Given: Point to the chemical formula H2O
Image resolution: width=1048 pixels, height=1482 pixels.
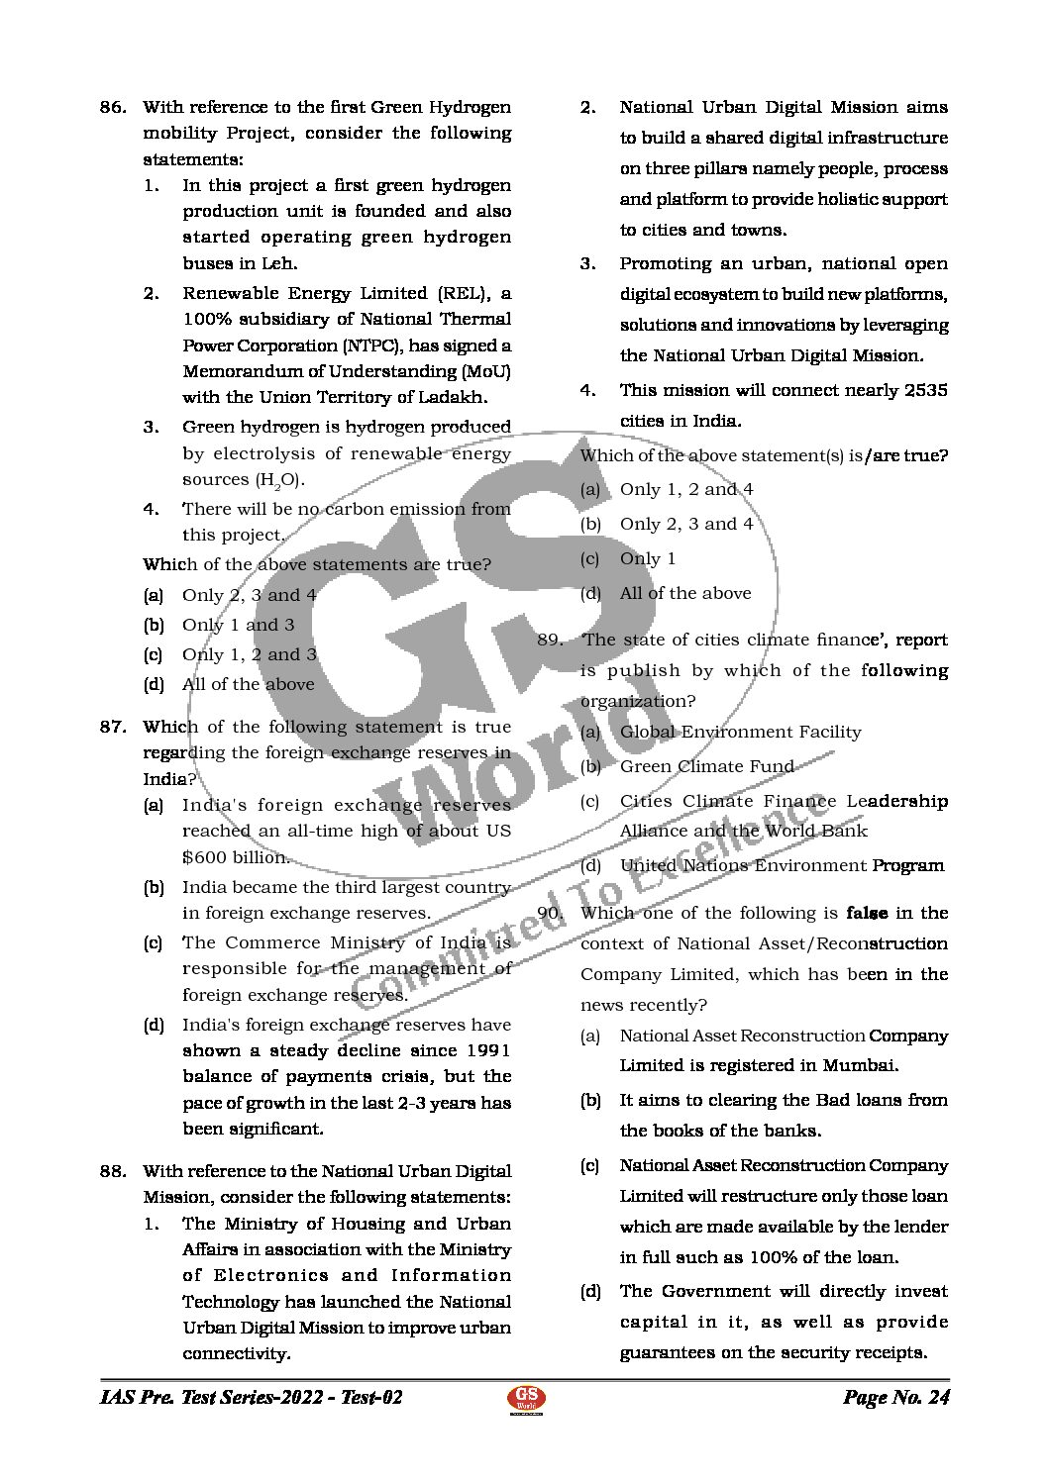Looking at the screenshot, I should [x=280, y=480].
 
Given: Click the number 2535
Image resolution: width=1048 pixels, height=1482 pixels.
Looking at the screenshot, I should [x=925, y=390].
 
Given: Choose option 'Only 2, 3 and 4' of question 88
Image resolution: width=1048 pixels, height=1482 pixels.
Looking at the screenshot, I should [x=685, y=524].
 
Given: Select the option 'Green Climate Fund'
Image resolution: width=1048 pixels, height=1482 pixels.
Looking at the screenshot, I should [x=706, y=766].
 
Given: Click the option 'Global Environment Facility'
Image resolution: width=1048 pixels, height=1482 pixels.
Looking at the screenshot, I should [x=740, y=732].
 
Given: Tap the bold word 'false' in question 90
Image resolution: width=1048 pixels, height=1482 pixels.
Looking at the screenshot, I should [x=867, y=913].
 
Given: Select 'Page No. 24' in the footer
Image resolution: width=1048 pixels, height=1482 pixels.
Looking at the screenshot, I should [x=895, y=1398].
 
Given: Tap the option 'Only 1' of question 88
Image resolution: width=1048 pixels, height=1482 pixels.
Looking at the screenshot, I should [x=647, y=558].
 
